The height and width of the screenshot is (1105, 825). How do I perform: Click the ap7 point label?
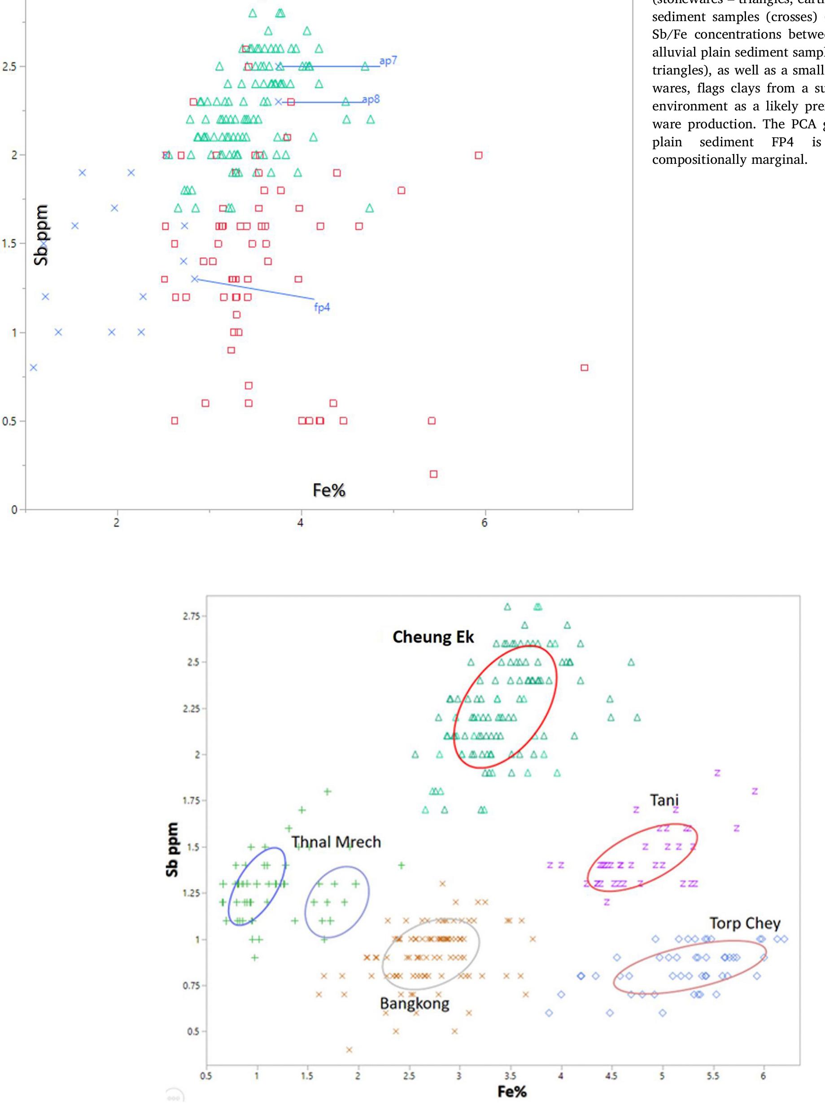point(388,61)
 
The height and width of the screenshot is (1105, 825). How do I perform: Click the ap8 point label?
point(371,99)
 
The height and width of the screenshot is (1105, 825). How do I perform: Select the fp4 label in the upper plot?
point(322,308)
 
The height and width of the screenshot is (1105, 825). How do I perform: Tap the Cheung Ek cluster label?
point(433,637)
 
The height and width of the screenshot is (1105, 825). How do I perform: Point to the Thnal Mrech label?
point(336,842)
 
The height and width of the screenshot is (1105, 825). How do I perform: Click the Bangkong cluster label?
point(415,1004)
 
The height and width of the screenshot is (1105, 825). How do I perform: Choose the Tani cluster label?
point(664,800)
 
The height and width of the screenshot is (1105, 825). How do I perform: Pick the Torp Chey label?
point(745,923)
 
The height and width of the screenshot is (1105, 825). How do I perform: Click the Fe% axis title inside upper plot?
point(328,491)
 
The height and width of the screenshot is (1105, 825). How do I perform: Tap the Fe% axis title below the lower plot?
point(512,1092)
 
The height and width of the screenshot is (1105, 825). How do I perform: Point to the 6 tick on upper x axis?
point(484,523)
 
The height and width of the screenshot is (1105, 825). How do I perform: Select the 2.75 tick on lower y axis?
point(191,616)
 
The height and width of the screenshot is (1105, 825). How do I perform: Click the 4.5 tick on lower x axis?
point(611,1075)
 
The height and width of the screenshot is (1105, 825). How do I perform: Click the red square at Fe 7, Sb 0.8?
point(584,368)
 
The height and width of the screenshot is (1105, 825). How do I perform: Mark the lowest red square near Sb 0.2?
point(433,474)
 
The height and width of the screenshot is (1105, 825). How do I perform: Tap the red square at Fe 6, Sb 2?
point(478,155)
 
